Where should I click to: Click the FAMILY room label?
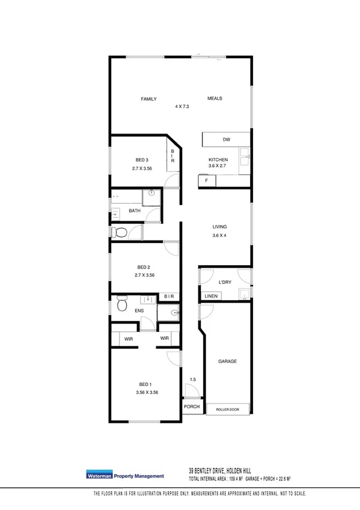point(148,98)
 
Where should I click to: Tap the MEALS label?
point(215,98)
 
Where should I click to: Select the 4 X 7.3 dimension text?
point(182,106)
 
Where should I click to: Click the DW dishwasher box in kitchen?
point(226,140)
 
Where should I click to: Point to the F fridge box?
point(206,180)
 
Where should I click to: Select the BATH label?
point(135,211)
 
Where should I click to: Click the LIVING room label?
point(219,227)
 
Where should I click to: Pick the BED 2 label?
point(143,267)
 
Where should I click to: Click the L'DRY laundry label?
point(225,282)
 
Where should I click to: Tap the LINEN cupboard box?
point(211,296)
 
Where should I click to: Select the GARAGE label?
point(227,361)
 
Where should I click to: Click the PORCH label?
point(192,407)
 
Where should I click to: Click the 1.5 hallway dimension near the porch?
point(192,379)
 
